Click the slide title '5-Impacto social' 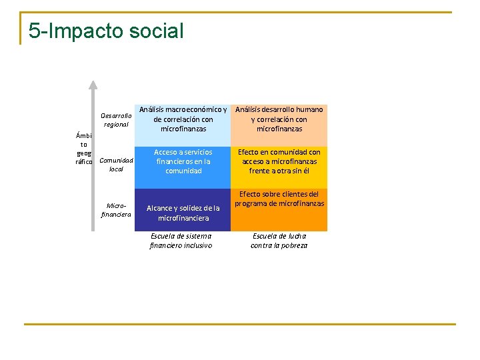point(106,31)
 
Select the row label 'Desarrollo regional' point(116,120)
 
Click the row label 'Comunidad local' point(116,165)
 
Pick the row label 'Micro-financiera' point(116,210)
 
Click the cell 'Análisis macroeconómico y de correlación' point(183,119)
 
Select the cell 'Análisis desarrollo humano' point(279,119)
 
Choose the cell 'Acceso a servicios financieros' point(183,161)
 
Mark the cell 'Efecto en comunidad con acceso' point(279,161)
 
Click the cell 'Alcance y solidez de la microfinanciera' point(183,213)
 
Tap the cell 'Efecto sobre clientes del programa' point(279,199)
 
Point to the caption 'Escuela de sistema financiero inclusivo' point(181,241)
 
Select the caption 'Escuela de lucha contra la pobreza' point(279,241)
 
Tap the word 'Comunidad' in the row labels point(116,160)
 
